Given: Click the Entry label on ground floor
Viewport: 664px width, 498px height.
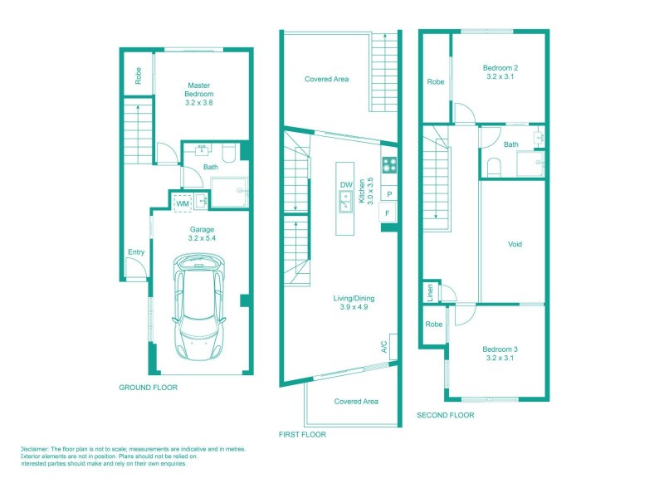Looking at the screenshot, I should pos(135,252).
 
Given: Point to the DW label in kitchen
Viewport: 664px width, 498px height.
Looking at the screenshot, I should pos(346,185).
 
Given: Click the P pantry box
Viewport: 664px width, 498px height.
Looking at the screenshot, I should pos(388,193).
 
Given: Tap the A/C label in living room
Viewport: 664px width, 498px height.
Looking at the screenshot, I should pos(384,347).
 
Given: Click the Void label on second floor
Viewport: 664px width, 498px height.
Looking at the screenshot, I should pos(515,245).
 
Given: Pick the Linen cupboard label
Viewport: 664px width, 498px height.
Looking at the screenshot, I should pos(430,291).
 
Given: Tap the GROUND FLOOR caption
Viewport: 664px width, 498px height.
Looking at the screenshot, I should pos(149,388).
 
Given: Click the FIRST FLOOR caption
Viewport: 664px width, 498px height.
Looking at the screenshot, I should pos(303,434).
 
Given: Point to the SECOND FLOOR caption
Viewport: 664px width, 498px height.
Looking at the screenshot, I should pos(446,415).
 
